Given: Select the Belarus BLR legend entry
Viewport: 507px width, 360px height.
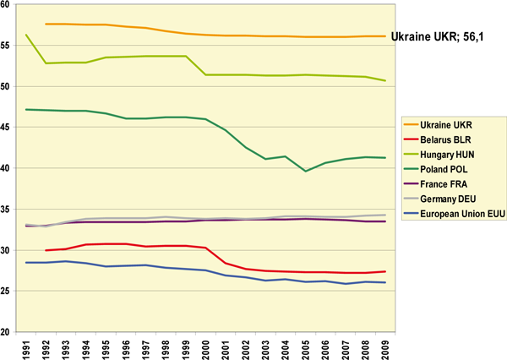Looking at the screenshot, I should pos(454,139).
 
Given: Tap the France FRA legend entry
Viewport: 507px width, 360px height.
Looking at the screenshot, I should pos(452,182).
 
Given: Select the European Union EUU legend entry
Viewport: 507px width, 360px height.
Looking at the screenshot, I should pos(461,209).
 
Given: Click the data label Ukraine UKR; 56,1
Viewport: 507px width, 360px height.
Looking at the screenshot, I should pos(445,36).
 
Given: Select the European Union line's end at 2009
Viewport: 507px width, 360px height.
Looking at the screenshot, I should pos(386,282).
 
